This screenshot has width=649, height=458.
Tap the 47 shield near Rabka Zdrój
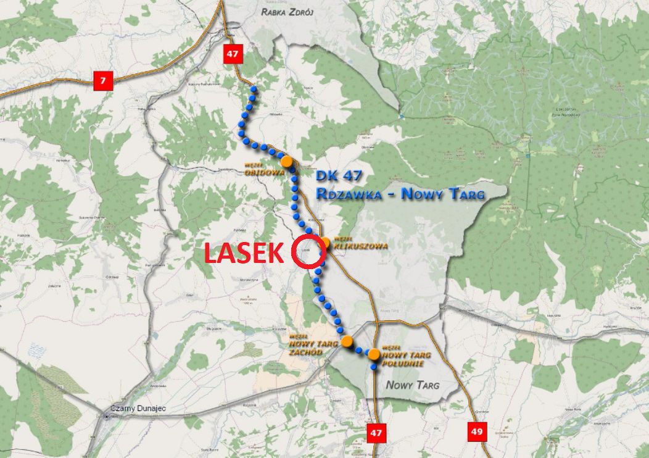pyautogui.click(x=232, y=53)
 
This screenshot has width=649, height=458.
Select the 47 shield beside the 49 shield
pyautogui.click(x=376, y=432)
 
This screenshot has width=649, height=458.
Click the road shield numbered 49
pyautogui.click(x=477, y=431)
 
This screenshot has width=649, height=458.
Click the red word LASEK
pyautogui.click(x=243, y=253)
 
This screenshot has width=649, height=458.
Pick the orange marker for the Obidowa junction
pyautogui.click(x=286, y=161)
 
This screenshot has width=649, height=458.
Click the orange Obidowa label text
pyautogui.click(x=265, y=172)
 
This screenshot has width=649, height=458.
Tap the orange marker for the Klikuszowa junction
pyautogui.click(x=325, y=242)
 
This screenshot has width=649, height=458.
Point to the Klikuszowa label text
pyautogui.click(x=360, y=245)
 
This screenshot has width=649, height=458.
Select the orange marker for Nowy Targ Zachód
pyautogui.click(x=347, y=341)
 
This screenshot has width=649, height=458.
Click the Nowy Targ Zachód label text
pyautogui.click(x=313, y=347)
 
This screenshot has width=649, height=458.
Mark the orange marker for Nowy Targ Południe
pyautogui.click(x=374, y=354)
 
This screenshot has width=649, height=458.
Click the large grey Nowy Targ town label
pyautogui.click(x=412, y=386)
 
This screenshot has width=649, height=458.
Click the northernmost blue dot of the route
pyautogui.click(x=253, y=90)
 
